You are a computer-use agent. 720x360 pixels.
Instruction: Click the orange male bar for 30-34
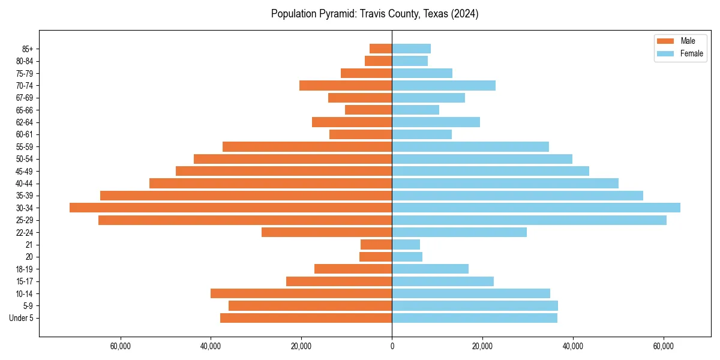(x=231, y=208)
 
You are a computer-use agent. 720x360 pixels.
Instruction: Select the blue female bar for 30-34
(x=536, y=208)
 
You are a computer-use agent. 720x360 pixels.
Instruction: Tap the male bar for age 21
(x=376, y=244)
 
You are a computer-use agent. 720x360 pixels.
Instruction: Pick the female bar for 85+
(x=411, y=49)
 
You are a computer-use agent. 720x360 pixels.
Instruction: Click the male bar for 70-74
(x=346, y=85)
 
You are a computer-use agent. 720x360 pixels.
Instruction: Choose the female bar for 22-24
(x=459, y=232)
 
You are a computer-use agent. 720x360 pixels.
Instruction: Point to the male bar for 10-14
(x=301, y=293)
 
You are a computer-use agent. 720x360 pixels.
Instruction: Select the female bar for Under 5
(x=475, y=318)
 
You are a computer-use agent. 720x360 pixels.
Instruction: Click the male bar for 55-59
(x=307, y=146)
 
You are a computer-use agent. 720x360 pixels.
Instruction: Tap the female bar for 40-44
(x=505, y=183)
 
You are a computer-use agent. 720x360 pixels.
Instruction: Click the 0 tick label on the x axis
(x=392, y=346)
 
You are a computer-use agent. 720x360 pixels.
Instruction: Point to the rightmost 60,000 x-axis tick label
(x=664, y=346)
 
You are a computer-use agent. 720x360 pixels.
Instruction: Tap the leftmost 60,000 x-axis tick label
(x=121, y=346)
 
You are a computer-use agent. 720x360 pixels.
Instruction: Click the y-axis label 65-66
(x=25, y=110)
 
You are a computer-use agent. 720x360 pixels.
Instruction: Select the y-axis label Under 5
(x=21, y=318)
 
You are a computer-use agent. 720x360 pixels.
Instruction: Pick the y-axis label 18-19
(x=25, y=269)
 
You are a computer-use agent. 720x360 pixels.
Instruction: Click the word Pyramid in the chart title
(x=339, y=14)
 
